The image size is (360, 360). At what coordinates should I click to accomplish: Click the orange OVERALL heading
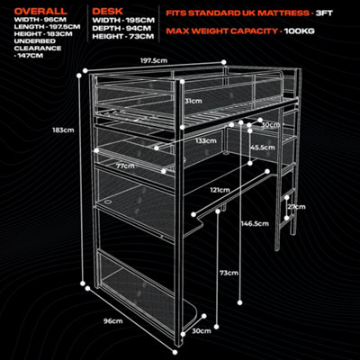40,12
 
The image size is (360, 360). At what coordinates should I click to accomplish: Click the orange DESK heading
107,12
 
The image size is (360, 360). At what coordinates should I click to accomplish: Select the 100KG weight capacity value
300,31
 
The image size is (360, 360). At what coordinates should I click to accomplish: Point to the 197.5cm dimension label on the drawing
154,60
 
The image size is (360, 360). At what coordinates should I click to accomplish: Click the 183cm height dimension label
63,130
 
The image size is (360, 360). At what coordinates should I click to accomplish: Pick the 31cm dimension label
193,101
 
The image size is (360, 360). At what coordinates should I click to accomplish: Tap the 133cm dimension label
205,140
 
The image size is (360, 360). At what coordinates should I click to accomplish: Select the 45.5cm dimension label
263,148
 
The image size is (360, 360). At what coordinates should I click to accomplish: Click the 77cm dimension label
125,166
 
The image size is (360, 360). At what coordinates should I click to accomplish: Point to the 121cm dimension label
220,190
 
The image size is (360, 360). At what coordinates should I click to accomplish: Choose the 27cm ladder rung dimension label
296,207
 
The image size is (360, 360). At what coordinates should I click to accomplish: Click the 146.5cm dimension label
255,223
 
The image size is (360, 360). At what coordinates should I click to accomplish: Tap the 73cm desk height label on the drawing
229,273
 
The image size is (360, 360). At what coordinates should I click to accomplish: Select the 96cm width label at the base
113,321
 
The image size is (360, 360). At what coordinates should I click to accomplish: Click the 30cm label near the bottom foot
202,331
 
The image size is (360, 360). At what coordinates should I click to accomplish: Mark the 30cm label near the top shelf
270,125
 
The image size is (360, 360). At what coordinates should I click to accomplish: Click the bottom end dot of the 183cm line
83,283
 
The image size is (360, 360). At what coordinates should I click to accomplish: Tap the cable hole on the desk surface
107,202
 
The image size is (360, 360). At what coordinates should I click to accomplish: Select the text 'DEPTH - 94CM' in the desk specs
121,29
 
